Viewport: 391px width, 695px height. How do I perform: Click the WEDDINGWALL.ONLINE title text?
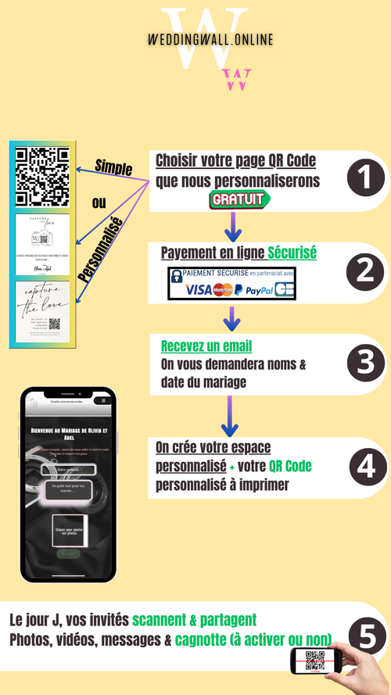coord(210,39)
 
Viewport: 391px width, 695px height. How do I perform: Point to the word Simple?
coord(113,167)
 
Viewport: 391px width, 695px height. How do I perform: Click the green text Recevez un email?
coord(206,346)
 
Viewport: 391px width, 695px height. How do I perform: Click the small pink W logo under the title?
coord(237,79)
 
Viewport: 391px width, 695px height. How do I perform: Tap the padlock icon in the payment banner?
coord(177,275)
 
